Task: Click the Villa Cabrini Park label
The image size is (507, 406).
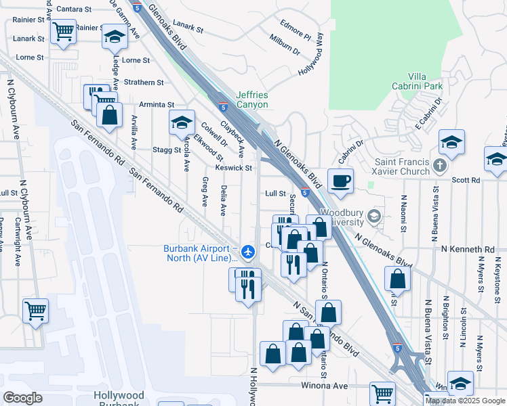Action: pos(426,82)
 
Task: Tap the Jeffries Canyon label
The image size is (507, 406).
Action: pos(252,100)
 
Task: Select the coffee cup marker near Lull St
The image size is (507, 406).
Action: pos(340,181)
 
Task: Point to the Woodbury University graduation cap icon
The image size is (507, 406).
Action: pos(372,217)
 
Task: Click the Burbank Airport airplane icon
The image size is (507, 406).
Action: pos(248,252)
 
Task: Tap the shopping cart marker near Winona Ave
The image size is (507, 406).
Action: pos(383,393)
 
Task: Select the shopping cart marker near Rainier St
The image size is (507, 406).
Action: pos(63,30)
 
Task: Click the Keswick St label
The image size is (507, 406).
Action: pos(234,168)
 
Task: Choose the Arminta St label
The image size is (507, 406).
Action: pos(157,105)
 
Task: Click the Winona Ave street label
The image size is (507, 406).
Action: pos(325,386)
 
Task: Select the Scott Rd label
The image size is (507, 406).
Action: pos(466,181)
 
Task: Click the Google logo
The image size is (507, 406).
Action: pos(22,397)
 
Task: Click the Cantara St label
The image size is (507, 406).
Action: pos(75,9)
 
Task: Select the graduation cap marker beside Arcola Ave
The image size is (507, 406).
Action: pos(182,122)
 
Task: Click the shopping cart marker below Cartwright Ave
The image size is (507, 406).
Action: pos(35,311)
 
